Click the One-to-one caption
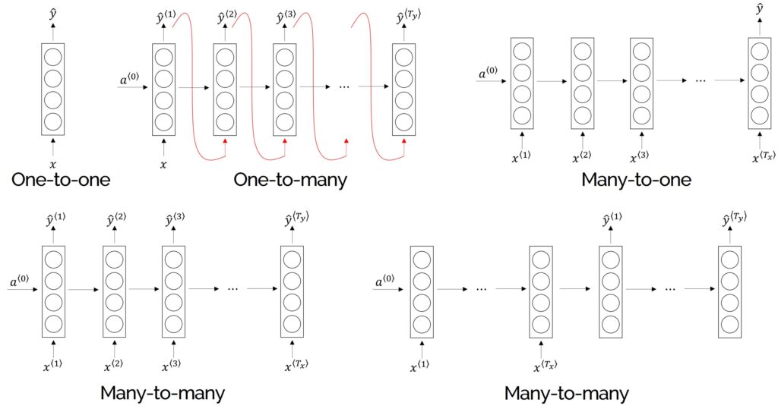click(x=61, y=180)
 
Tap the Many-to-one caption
click(x=636, y=180)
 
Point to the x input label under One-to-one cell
click(x=52, y=164)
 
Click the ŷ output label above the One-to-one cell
click(x=52, y=13)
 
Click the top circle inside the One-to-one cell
click(x=52, y=58)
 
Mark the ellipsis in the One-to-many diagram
click(x=343, y=86)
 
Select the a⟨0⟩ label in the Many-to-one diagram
click(x=488, y=74)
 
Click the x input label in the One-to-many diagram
click(x=163, y=164)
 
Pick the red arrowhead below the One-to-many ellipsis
click(x=346, y=142)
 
